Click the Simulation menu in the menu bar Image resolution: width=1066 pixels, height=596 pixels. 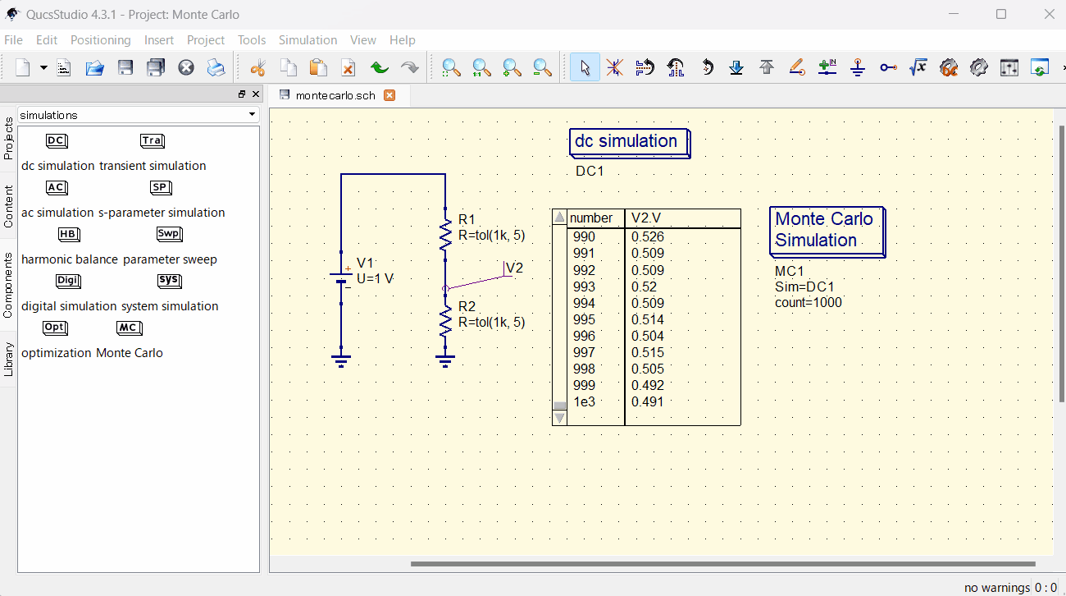[x=307, y=39]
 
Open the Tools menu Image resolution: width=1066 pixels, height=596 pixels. [x=252, y=39]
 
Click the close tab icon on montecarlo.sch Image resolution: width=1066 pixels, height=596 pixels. [x=389, y=95]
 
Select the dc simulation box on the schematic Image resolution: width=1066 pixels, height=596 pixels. [x=628, y=142]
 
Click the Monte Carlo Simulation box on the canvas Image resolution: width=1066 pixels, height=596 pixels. [x=826, y=231]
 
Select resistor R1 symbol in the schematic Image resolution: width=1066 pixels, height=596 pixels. [x=445, y=235]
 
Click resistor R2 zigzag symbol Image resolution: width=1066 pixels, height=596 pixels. [x=445, y=321]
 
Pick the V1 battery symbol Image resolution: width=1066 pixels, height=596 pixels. [x=341, y=277]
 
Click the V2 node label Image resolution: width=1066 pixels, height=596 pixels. [x=514, y=268]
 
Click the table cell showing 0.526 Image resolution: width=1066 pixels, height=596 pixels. [x=648, y=237]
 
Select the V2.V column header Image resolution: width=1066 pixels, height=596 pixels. [x=646, y=218]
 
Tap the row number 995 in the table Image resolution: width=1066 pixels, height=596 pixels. [x=584, y=319]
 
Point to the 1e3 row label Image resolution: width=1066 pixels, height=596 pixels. [x=584, y=401]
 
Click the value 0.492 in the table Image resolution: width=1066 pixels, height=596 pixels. [x=648, y=385]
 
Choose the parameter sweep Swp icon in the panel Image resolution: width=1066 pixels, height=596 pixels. [x=169, y=234]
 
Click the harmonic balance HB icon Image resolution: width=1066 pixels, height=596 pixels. [x=69, y=234]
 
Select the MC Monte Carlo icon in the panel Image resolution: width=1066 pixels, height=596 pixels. [x=129, y=328]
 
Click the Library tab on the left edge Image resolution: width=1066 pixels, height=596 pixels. [x=8, y=359]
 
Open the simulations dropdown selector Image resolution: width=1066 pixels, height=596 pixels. [x=138, y=115]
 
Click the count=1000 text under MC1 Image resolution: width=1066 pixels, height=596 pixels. [x=808, y=302]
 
